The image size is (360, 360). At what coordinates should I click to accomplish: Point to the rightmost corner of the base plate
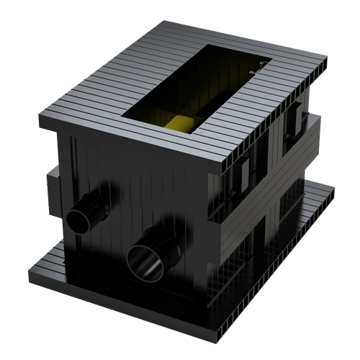(336, 189)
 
